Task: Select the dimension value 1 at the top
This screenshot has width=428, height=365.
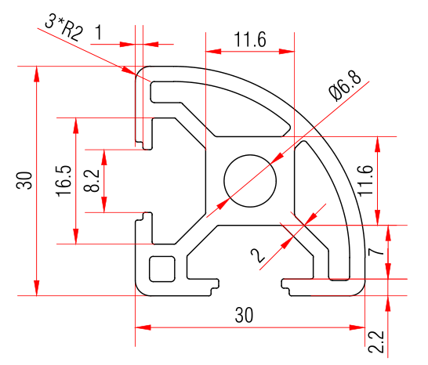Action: [x=99, y=32]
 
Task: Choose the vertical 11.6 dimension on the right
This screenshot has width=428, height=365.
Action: [x=365, y=179]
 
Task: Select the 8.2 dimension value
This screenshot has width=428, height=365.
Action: [x=91, y=180]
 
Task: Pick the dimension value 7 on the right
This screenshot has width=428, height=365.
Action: [x=374, y=251]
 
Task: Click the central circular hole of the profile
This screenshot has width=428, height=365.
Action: [x=251, y=180]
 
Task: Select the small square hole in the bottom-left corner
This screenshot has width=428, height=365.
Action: [x=162, y=268]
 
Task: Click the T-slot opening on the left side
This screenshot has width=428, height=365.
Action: [x=143, y=180]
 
